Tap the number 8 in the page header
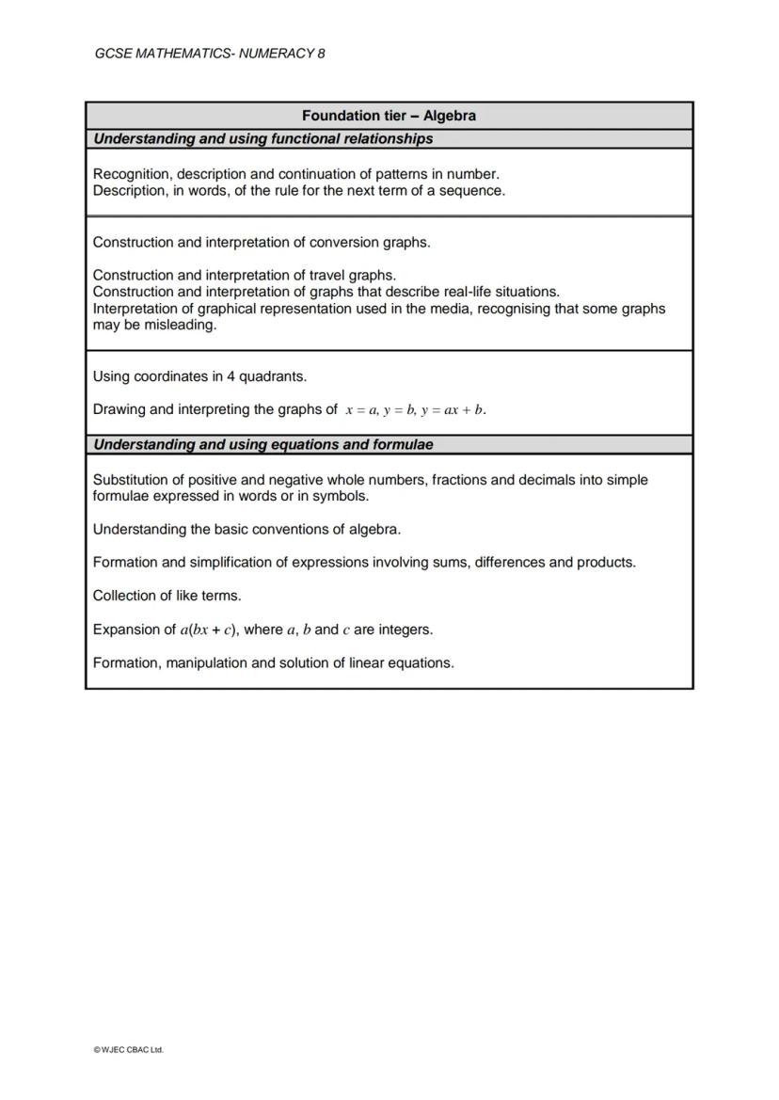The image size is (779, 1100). tap(321, 54)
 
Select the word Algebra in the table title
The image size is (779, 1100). tap(450, 116)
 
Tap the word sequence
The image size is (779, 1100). tap(473, 190)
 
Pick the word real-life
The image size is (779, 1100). tap(524, 292)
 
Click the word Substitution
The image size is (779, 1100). tap(132, 480)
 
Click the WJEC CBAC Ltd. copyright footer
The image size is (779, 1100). tap(128, 1049)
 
